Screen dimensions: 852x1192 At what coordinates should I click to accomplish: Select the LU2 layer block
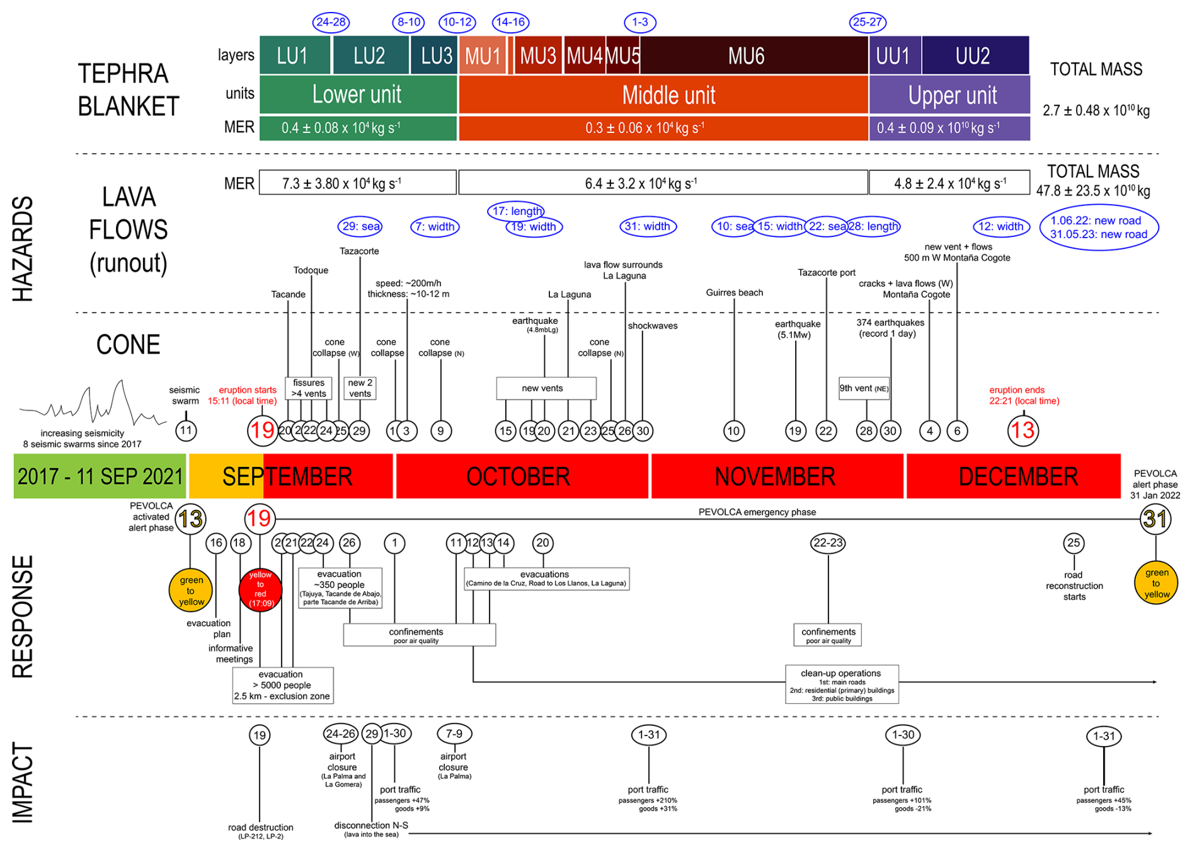tap(370, 55)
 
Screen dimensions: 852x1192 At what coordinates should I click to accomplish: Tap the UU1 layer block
tap(894, 55)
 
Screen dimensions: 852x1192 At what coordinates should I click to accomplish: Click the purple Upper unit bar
tap(950, 95)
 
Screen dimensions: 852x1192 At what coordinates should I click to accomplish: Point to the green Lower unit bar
tap(357, 95)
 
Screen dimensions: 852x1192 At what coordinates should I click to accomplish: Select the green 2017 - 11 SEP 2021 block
tap(100, 476)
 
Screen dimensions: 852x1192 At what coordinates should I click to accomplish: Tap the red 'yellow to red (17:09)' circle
tap(260, 590)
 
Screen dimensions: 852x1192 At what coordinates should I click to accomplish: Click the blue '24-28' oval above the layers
tap(331, 22)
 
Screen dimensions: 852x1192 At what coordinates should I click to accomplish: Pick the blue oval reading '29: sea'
tap(360, 226)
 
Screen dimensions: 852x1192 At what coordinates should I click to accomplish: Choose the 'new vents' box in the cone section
tap(546, 388)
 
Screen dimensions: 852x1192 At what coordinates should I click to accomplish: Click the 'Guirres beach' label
tap(734, 292)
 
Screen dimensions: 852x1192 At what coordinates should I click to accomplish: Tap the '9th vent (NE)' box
tap(864, 388)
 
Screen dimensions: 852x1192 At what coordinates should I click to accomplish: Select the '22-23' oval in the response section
tap(827, 543)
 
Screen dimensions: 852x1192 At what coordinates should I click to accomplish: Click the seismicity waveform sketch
tap(91, 403)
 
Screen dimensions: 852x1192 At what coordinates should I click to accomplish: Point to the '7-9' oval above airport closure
tap(454, 734)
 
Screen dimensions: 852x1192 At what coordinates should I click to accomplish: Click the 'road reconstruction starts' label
tap(1074, 585)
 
